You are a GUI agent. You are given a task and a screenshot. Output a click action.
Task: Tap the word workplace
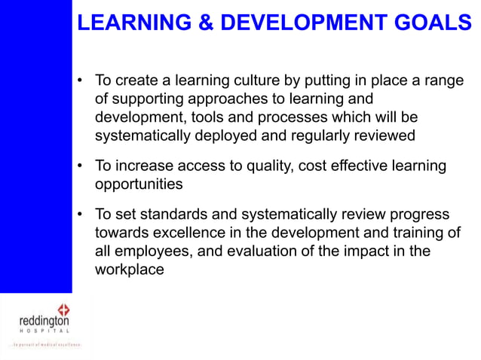tap(129, 270)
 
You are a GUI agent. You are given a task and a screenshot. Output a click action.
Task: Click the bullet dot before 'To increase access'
tap(80, 166)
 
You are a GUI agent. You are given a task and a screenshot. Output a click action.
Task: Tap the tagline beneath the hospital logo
tap(44, 344)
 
